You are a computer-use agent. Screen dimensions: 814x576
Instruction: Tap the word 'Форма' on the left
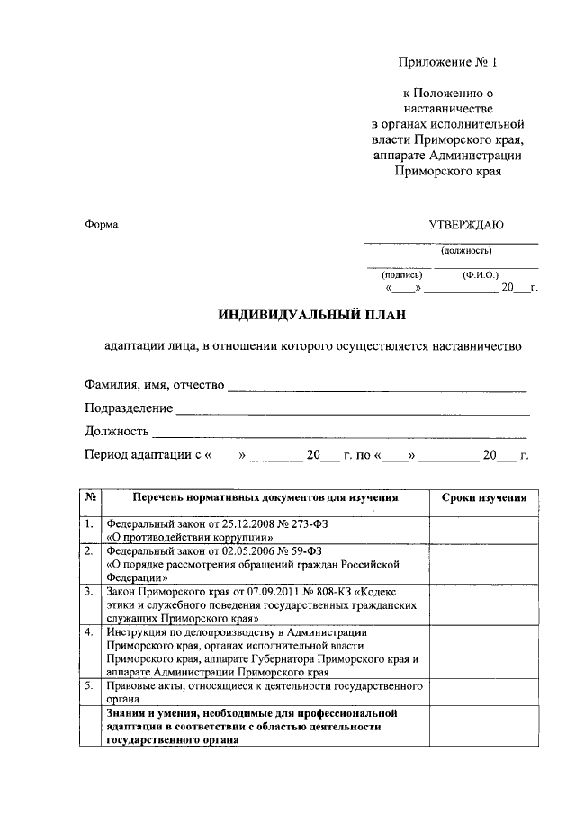click(x=101, y=224)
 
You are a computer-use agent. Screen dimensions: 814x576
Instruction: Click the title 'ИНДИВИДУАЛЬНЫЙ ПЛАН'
click(x=312, y=315)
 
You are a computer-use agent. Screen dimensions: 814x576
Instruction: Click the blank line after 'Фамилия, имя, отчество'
click(x=377, y=389)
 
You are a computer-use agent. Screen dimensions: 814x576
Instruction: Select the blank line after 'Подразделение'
click(x=352, y=411)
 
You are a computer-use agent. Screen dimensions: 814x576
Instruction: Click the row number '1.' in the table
click(x=89, y=523)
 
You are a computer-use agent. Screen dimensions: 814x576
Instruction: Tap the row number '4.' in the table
click(x=89, y=632)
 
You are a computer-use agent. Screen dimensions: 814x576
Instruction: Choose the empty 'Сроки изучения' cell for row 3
click(x=483, y=605)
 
